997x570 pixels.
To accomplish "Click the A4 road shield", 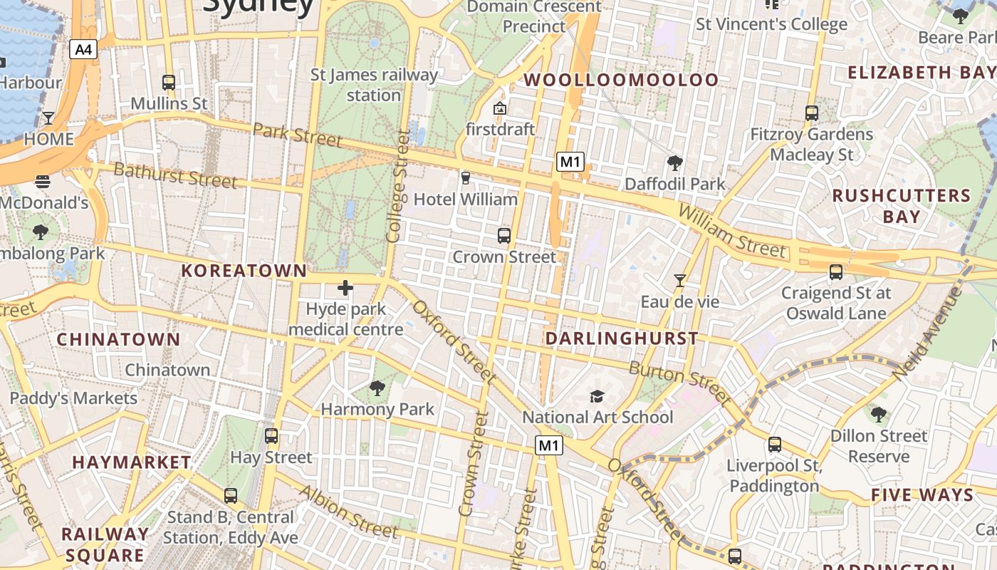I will point(83,49).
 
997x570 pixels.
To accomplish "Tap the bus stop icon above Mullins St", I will point(169,83).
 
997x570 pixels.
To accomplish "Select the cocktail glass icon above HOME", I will point(48,118).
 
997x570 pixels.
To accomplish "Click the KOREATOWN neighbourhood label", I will point(244,271).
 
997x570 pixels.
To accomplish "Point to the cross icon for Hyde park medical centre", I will point(345,288).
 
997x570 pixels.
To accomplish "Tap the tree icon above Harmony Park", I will point(377,388).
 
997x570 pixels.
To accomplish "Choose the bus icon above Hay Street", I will point(271,436).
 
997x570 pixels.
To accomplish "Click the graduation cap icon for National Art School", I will point(597,396).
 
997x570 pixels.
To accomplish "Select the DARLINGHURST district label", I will point(622,338).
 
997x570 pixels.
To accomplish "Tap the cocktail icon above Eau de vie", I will point(680,281).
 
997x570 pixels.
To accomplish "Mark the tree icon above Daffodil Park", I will point(674,163).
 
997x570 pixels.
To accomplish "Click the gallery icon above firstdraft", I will point(500,108).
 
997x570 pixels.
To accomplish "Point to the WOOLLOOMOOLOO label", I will point(622,80).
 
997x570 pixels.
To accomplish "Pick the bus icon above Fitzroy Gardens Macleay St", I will point(811,113).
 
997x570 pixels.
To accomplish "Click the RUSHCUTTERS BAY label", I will point(901,206).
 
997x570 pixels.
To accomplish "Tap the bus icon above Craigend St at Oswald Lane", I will point(835,272).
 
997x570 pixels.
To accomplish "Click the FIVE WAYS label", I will point(922,495).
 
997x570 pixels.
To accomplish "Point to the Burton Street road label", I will point(679,383).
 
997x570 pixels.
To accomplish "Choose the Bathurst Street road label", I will point(175,175).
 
